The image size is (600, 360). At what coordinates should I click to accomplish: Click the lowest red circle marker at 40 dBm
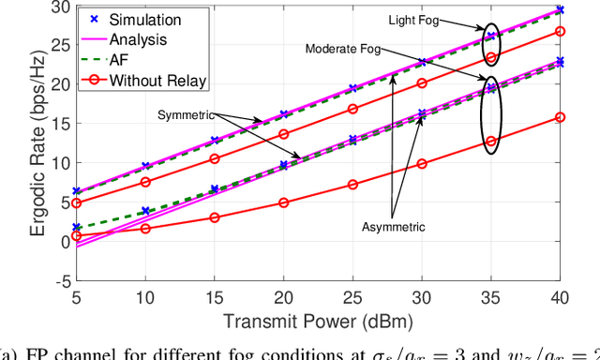tap(561, 117)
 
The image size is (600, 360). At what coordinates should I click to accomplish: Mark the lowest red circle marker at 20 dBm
tap(284, 202)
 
